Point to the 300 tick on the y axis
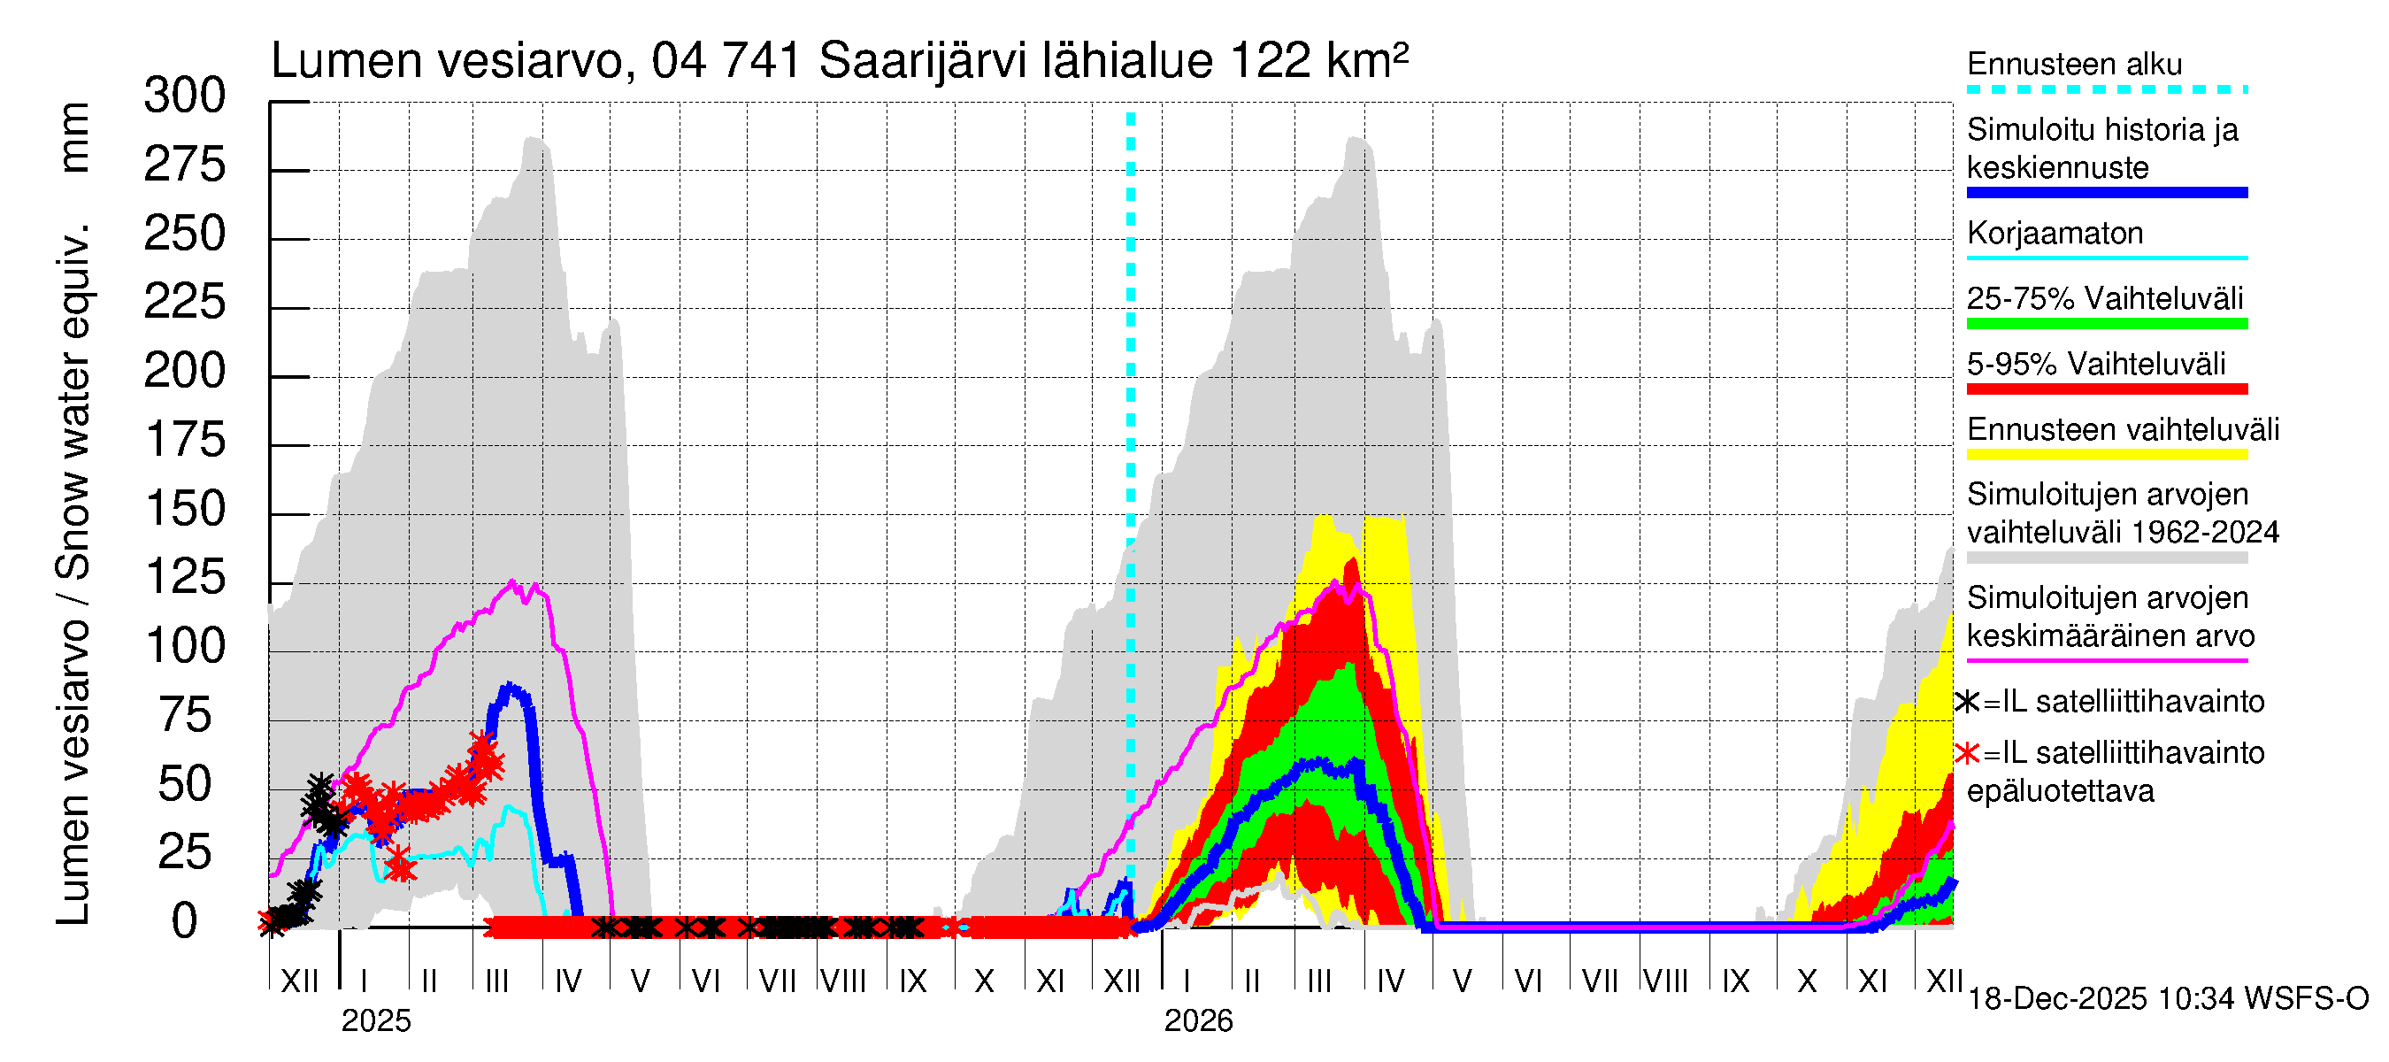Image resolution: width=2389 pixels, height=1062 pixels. point(185,96)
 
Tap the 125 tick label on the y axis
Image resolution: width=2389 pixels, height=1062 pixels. point(185,578)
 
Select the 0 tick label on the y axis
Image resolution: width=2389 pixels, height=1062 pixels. point(185,922)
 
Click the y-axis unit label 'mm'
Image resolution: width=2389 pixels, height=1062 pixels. point(73,137)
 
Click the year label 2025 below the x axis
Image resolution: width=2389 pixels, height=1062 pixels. point(375,1021)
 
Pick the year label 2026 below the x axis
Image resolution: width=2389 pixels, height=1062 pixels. point(1198,1021)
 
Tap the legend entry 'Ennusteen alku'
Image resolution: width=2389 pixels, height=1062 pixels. point(2074,65)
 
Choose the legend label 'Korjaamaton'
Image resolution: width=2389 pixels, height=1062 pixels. point(2055,233)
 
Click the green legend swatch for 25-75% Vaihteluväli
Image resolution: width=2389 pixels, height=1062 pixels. point(2106,324)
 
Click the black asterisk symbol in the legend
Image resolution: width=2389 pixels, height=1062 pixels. point(1968,702)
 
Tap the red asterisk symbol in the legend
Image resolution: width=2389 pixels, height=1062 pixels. point(1968,753)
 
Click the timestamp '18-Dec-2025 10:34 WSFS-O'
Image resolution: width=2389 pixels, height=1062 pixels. point(2169,999)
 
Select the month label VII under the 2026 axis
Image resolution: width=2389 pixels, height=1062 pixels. point(1600,981)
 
